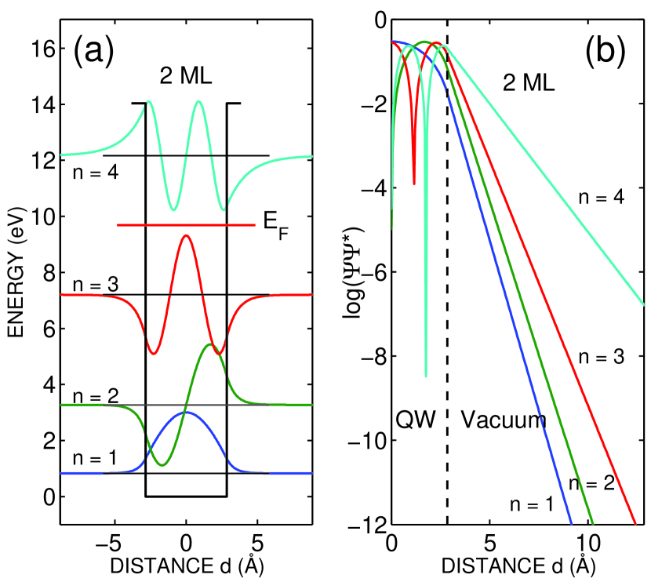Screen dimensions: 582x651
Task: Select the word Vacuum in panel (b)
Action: coord(503,420)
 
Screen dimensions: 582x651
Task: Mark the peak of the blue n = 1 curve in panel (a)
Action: coord(185,412)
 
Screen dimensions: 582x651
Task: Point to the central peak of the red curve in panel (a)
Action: coord(185,235)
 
